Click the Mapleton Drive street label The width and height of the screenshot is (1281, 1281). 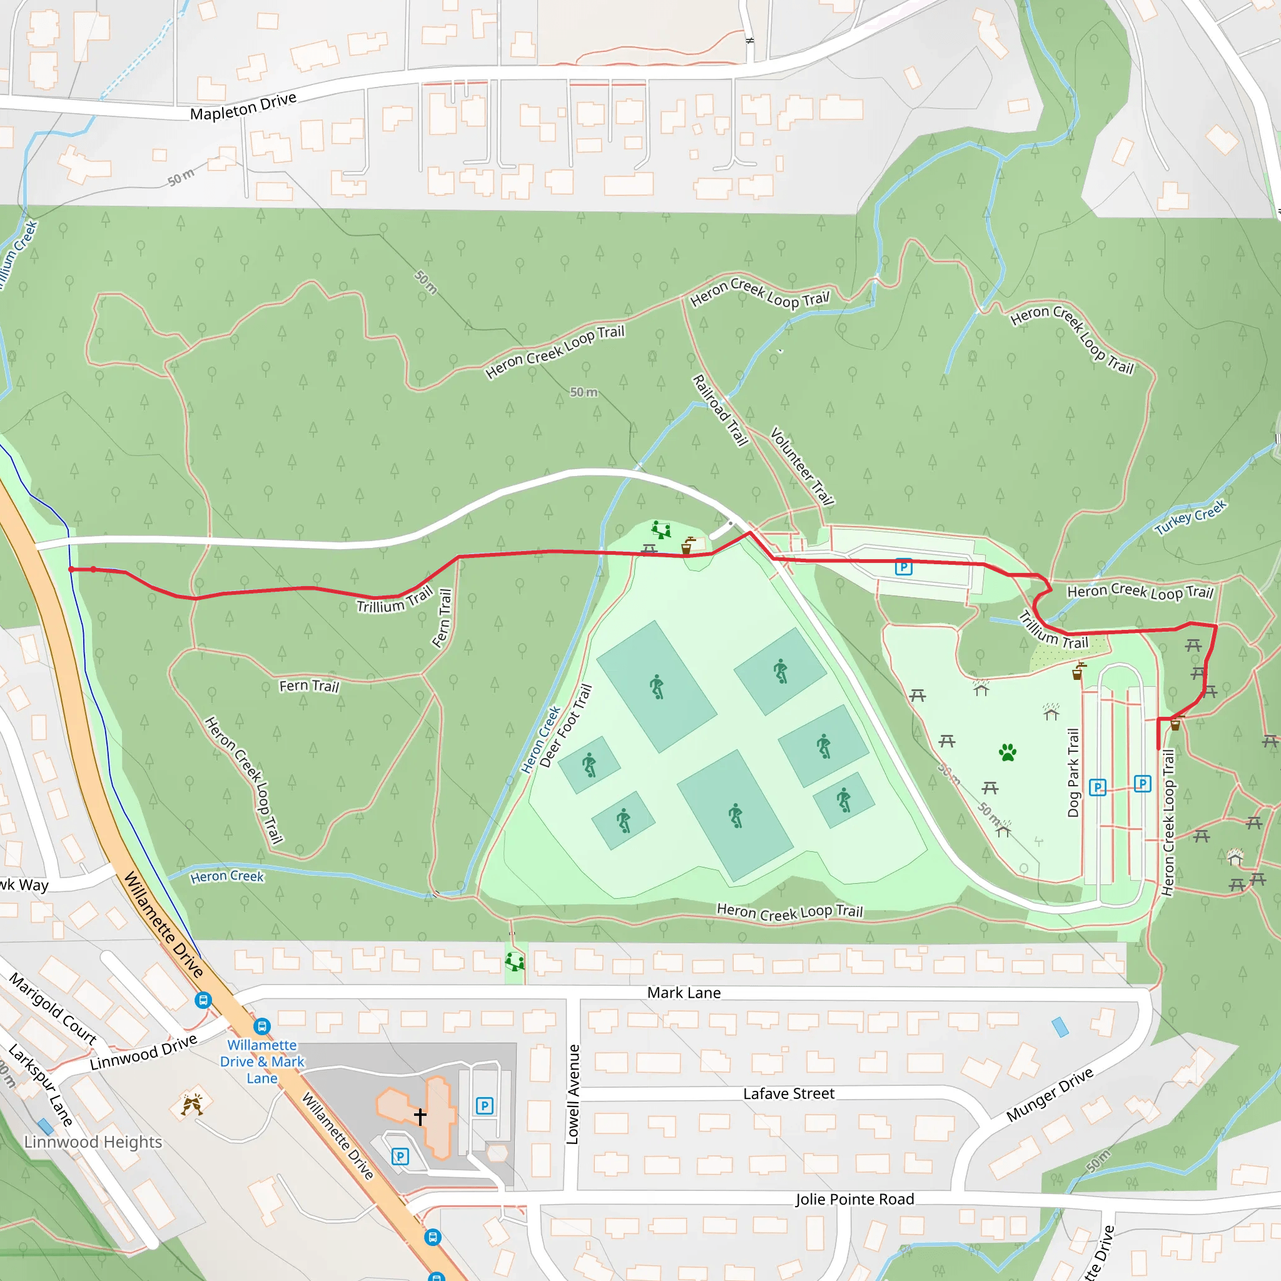pos(243,106)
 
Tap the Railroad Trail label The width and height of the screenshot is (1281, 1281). pos(720,410)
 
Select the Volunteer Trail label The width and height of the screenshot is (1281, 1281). pos(802,466)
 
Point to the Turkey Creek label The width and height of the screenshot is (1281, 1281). pos(1190,518)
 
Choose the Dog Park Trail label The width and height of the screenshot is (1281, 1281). pos(1073,773)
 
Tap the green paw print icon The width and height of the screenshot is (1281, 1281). pos(1008,752)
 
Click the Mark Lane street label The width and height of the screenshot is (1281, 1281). pos(684,993)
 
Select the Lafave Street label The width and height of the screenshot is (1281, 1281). pos(788,1093)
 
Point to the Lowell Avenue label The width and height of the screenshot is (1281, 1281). pos(574,1095)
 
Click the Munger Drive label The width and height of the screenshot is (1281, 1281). pos(1050,1095)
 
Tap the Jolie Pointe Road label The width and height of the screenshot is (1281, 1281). pos(854,1199)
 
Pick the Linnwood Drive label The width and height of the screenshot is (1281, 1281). pos(143,1052)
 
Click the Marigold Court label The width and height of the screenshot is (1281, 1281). pos(53,1009)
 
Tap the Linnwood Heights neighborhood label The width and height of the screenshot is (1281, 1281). pos(93,1142)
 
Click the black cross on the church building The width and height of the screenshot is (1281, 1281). pos(420,1116)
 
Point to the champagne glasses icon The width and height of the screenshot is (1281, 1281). pos(192,1105)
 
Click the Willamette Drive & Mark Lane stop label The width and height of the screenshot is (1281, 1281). pos(262,1061)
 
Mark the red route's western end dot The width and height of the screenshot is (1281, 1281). pos(71,570)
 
